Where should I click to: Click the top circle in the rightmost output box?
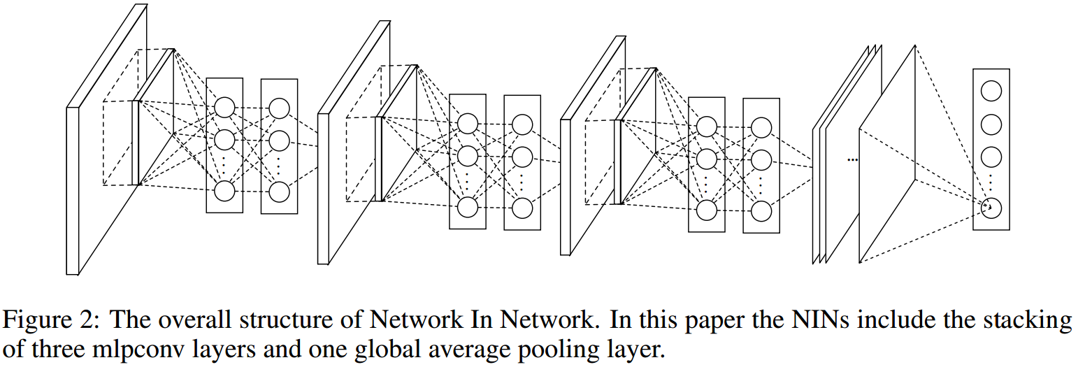(x=991, y=90)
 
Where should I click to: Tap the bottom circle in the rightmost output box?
(x=991, y=208)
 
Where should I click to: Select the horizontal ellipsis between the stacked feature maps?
(x=852, y=160)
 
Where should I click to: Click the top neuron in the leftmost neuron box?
(x=224, y=107)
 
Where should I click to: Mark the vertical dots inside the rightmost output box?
(x=991, y=180)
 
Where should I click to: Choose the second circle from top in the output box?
(x=991, y=124)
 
